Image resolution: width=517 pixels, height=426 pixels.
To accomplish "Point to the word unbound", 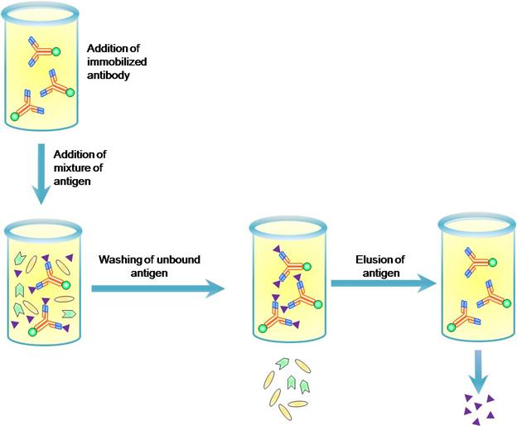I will click(x=181, y=259).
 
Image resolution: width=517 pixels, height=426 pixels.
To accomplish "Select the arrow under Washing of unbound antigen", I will click(x=157, y=288).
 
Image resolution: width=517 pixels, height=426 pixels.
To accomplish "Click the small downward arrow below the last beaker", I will click(x=480, y=370).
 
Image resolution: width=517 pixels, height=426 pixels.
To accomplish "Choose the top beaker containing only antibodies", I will click(x=41, y=70).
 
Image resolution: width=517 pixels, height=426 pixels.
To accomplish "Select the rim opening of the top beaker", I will click(x=41, y=10).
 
